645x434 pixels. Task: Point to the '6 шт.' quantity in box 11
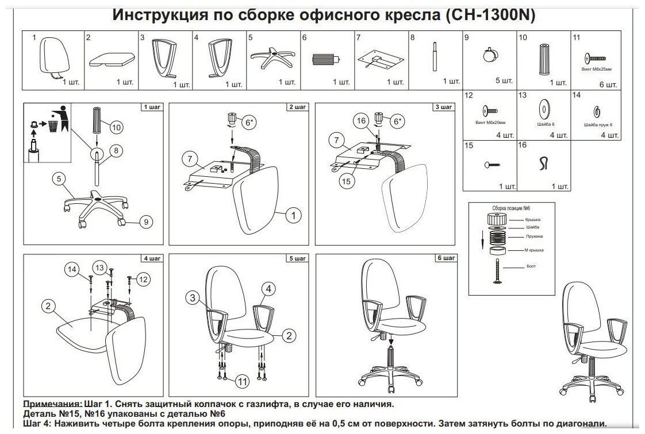tap(608, 84)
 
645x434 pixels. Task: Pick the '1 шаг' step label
tap(152, 107)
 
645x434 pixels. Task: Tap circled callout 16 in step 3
tap(361, 121)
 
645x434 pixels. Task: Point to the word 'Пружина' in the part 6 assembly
tap(534, 236)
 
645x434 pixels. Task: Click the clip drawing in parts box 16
tap(543, 165)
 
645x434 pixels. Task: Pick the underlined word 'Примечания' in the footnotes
tap(51, 404)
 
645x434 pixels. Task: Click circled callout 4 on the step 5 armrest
tap(270, 288)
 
